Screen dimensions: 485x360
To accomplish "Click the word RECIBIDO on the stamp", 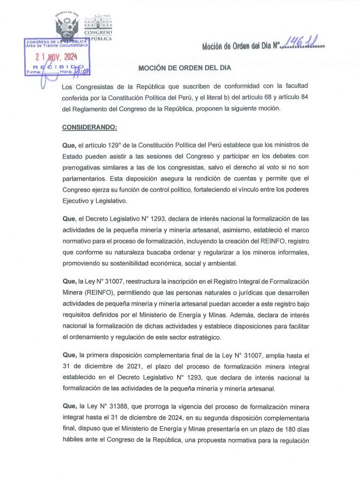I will (x=58, y=68).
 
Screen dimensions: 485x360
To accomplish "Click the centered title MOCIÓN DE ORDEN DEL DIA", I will (x=184, y=68).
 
